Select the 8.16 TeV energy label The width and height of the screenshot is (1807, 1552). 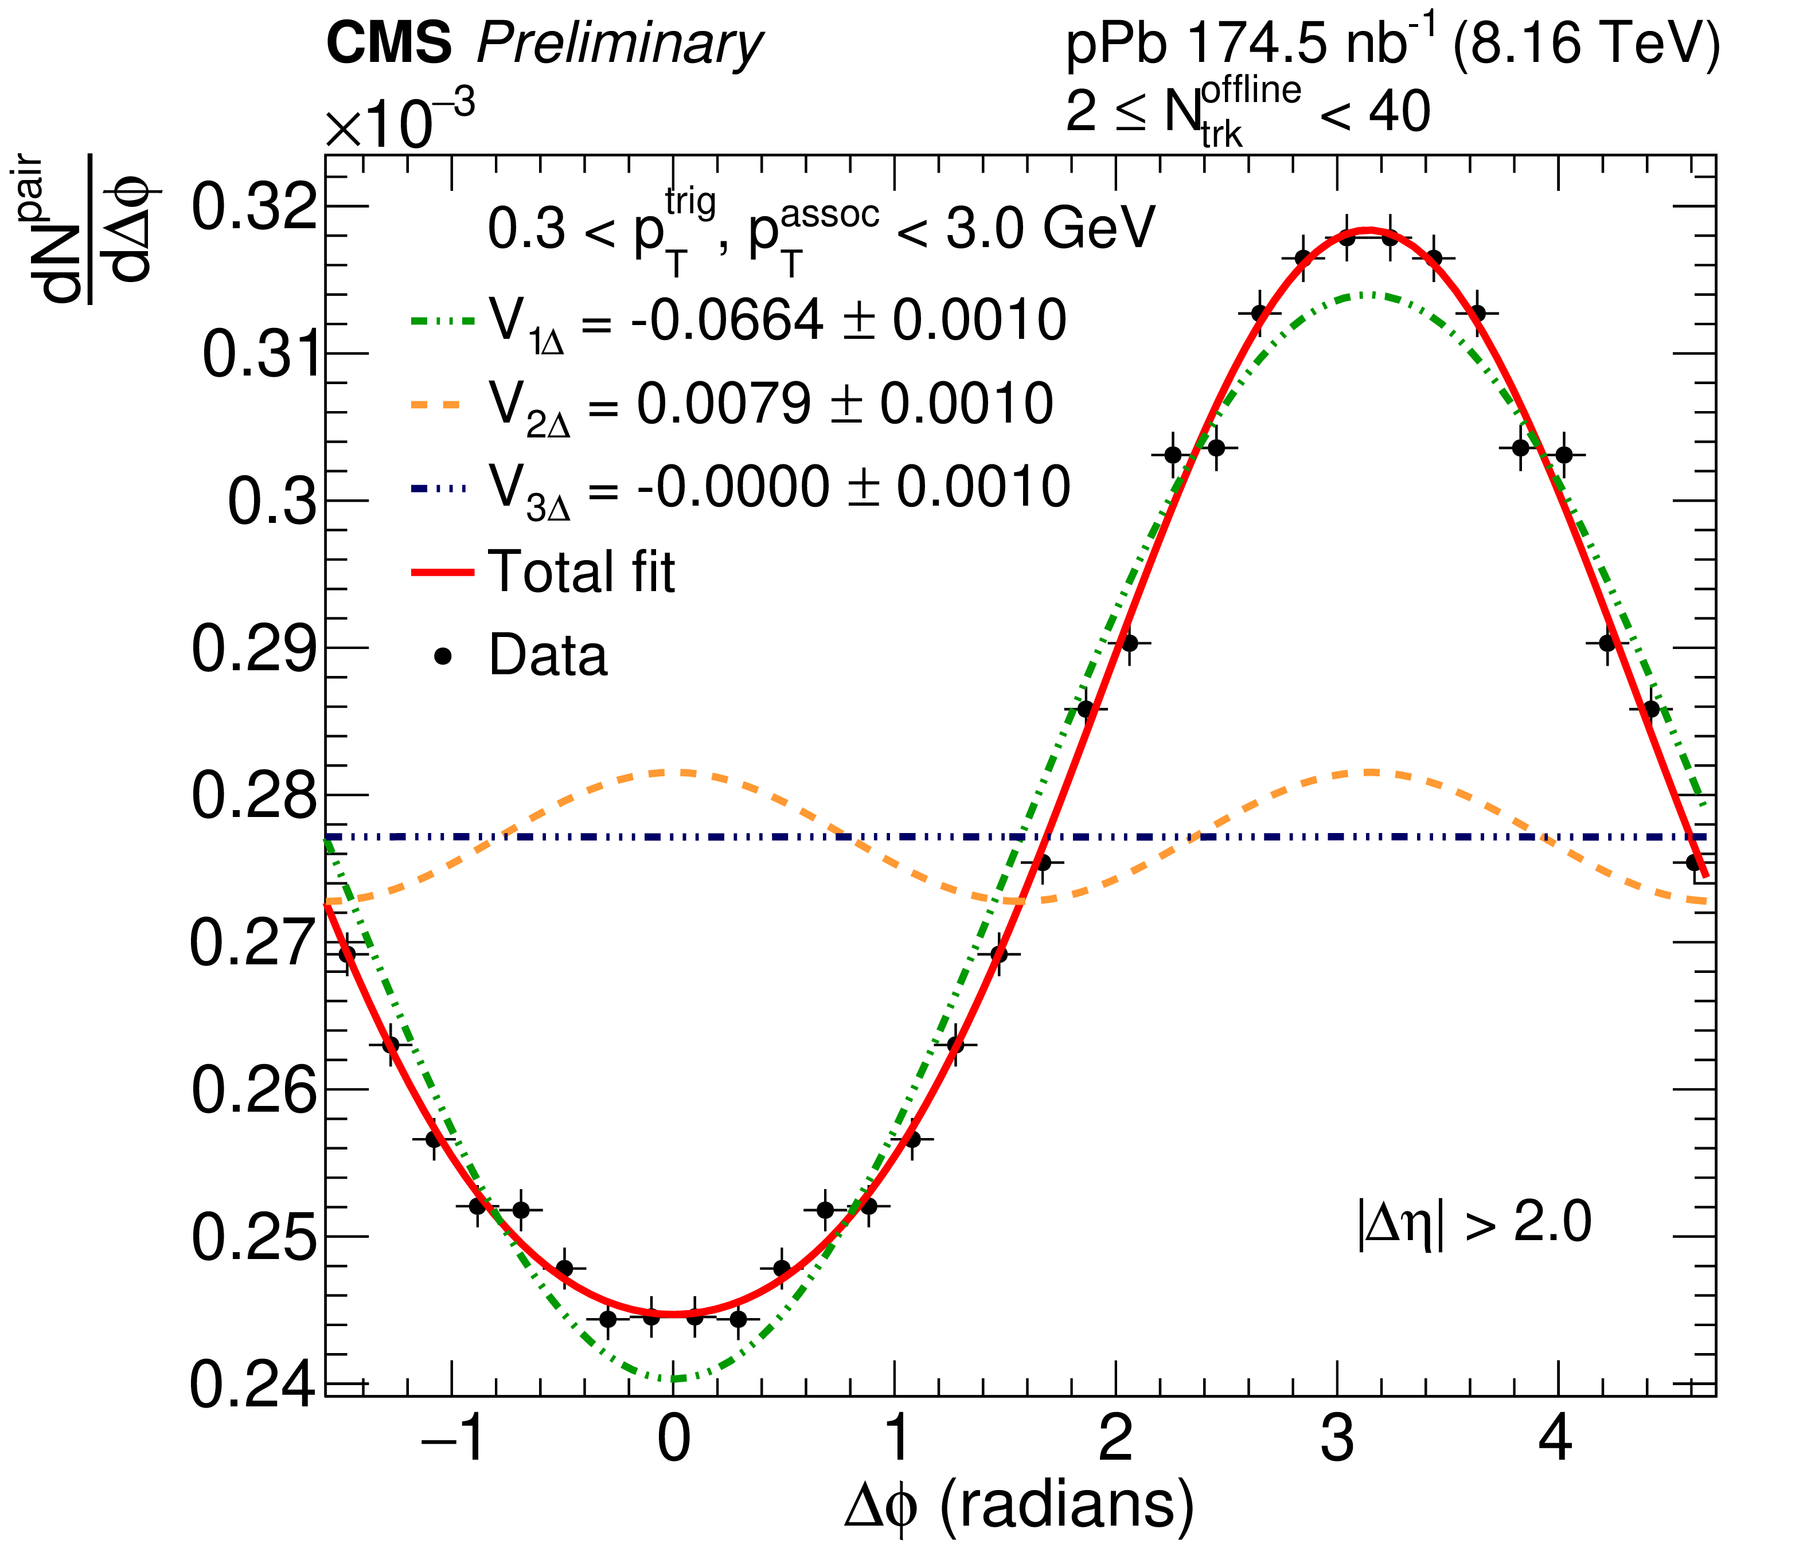(x=1586, y=44)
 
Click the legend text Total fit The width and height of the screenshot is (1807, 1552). (x=581, y=572)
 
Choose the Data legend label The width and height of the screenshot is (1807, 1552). (x=548, y=656)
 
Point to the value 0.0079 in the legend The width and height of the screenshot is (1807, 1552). (x=724, y=404)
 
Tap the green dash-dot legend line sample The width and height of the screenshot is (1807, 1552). (x=442, y=321)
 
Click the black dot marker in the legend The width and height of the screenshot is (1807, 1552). (x=443, y=656)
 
